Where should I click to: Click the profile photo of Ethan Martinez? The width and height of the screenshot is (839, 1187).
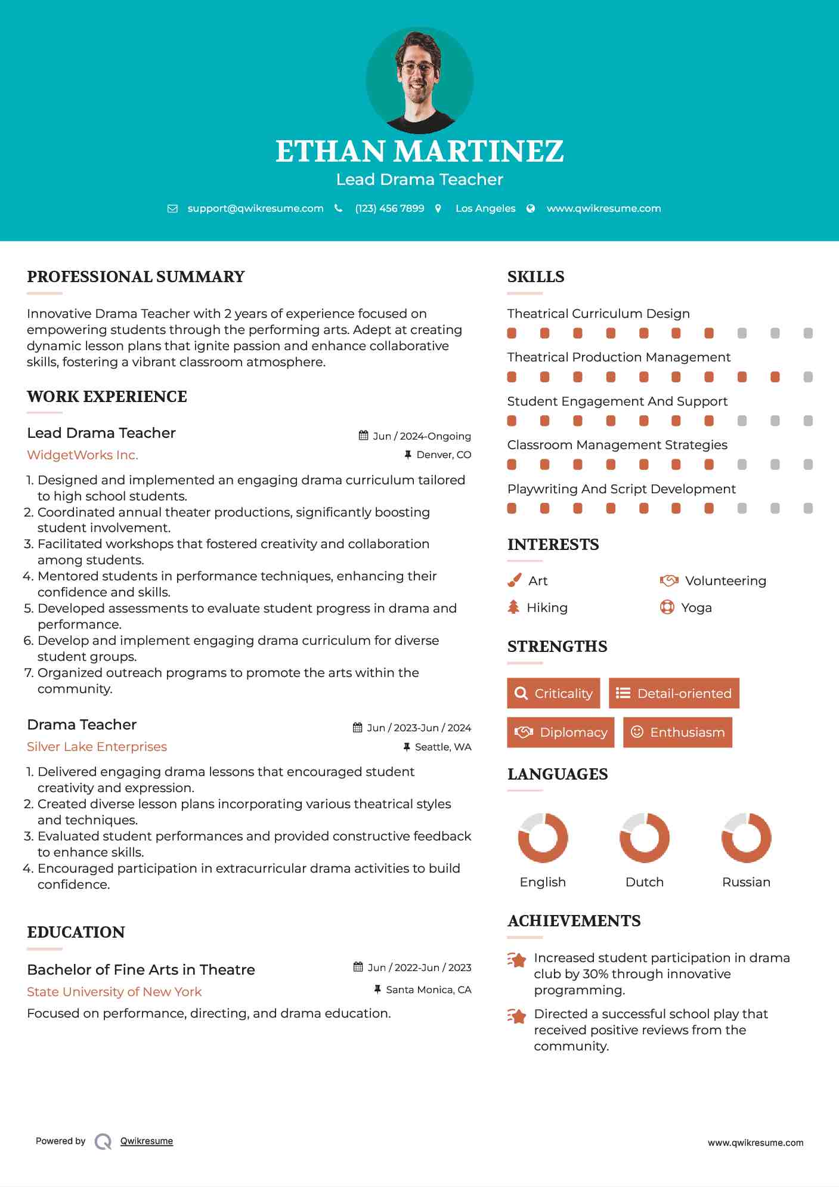(x=419, y=80)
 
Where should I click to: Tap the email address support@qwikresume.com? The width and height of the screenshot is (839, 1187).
(x=255, y=208)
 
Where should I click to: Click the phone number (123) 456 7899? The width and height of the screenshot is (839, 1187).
(x=389, y=208)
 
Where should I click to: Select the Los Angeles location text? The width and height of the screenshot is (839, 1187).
(x=485, y=208)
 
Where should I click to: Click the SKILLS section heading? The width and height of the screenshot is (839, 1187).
(x=535, y=277)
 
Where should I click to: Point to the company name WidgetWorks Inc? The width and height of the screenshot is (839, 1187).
(x=82, y=455)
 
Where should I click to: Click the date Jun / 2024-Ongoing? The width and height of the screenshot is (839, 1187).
(x=421, y=436)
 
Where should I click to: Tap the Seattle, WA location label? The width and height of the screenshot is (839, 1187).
(x=442, y=747)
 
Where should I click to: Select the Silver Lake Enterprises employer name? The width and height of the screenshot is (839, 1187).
(x=97, y=747)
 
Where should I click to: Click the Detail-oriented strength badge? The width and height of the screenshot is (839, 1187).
(x=674, y=693)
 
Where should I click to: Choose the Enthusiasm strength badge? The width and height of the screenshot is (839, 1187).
(x=677, y=732)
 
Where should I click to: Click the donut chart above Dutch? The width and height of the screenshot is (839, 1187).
(x=644, y=837)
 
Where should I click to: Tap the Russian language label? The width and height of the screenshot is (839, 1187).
(x=746, y=882)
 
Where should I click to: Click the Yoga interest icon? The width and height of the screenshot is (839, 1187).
(x=667, y=607)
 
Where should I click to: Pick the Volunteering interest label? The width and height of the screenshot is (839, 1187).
(x=725, y=580)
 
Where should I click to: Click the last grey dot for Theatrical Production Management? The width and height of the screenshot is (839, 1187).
(x=808, y=377)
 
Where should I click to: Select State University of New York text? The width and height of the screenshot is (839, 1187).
(x=114, y=991)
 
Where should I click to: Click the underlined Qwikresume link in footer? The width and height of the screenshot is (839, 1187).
(x=147, y=1141)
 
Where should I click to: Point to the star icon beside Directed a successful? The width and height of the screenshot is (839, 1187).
(x=516, y=1015)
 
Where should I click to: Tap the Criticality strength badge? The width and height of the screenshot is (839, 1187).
(x=553, y=693)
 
